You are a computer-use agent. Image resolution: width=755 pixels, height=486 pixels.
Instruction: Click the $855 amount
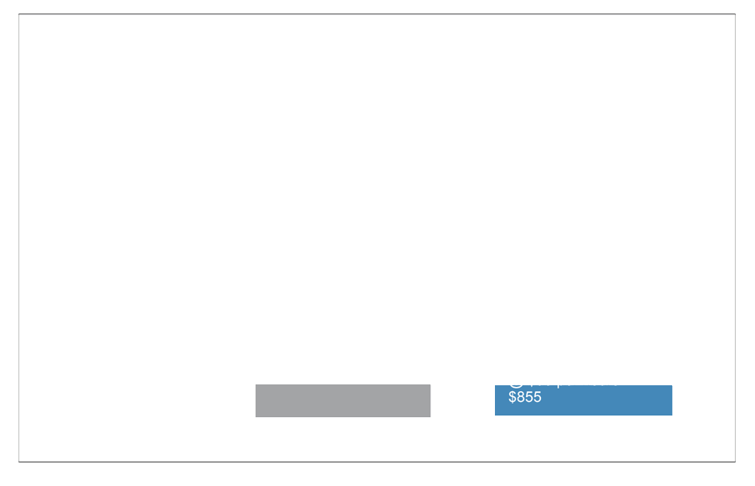525,397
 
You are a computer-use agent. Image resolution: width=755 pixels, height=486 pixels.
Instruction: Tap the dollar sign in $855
512,397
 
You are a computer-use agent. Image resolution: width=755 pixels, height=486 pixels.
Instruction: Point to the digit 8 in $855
520,397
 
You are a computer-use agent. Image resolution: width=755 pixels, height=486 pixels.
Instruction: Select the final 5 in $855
537,397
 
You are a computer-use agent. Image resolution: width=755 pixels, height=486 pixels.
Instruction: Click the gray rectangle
343,400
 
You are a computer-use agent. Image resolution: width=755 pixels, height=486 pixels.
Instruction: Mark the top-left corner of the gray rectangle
256,385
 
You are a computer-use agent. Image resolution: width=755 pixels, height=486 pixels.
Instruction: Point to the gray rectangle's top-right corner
430,385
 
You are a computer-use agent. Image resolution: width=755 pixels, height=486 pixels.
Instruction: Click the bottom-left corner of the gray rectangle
256,416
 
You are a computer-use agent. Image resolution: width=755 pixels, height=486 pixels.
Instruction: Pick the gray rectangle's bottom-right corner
430,416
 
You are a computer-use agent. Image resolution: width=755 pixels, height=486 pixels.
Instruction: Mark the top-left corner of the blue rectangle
495,385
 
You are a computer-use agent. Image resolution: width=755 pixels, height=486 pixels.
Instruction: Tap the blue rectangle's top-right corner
672,385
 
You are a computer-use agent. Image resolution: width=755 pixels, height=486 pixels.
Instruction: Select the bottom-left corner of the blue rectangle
495,415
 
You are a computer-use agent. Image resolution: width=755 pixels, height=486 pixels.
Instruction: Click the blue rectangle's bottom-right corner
672,415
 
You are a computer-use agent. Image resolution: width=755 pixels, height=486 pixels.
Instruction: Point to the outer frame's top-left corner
18,14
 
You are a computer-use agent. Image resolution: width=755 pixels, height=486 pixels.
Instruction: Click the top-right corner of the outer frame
735,14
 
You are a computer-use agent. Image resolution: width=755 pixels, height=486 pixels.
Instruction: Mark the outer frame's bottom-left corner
18,462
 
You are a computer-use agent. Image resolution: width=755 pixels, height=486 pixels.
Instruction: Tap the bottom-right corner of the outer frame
735,462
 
